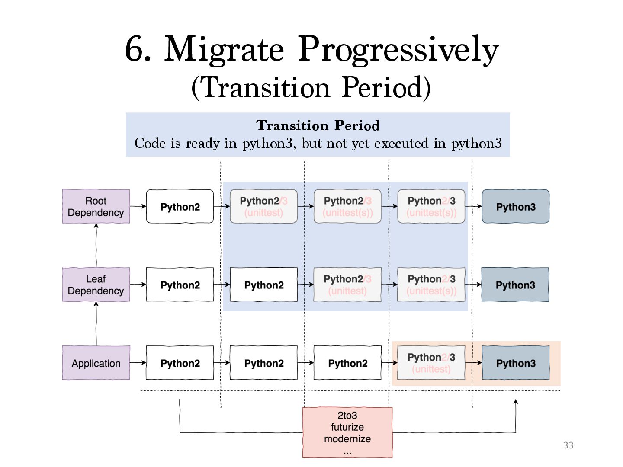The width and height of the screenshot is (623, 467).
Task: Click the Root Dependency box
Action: click(x=96, y=206)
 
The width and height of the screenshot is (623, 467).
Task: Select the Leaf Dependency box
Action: click(x=96, y=285)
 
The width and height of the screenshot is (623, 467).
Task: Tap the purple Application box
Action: click(x=96, y=363)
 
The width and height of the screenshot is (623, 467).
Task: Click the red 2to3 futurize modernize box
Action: click(x=347, y=432)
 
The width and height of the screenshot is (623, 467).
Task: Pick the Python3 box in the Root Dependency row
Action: click(x=515, y=206)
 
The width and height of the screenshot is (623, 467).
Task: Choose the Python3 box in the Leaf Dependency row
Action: click(x=515, y=285)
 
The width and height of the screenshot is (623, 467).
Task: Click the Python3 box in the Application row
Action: click(x=515, y=363)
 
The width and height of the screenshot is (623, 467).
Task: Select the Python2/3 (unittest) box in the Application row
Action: click(x=431, y=363)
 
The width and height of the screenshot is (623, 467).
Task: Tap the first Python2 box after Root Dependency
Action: click(x=180, y=206)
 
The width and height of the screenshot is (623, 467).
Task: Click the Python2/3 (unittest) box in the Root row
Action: click(x=263, y=206)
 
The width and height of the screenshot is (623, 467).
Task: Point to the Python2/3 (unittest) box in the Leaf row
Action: click(x=347, y=285)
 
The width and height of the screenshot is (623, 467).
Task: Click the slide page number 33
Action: click(x=568, y=445)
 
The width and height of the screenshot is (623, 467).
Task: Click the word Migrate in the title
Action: click(x=224, y=49)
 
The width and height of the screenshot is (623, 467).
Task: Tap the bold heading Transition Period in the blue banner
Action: click(x=318, y=125)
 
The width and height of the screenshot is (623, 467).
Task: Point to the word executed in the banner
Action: click(x=401, y=143)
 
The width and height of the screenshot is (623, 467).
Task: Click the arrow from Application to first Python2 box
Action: click(x=138, y=362)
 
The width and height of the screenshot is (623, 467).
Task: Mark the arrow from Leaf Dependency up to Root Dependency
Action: click(x=96, y=245)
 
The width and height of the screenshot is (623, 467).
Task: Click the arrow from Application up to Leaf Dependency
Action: click(x=96, y=323)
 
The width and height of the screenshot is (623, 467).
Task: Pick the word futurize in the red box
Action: click(x=347, y=427)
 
